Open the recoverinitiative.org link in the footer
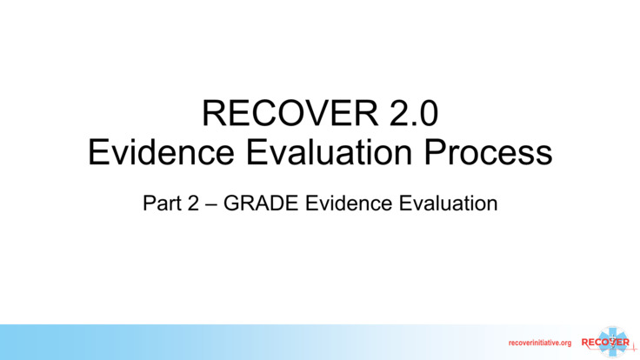(x=539, y=343)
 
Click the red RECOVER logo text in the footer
(x=605, y=342)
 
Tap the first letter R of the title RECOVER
(x=214, y=113)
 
